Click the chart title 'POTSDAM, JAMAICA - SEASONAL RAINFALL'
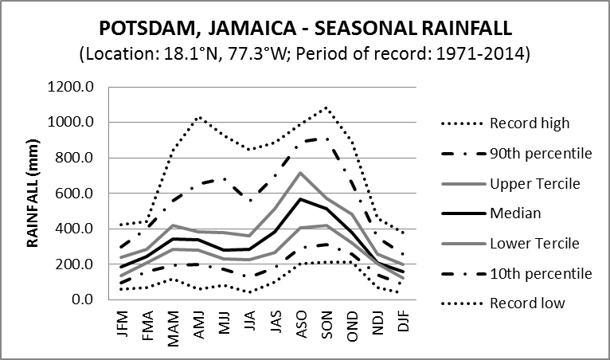(305, 29)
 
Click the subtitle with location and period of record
(305, 55)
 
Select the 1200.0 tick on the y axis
(72, 87)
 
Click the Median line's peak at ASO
(300, 199)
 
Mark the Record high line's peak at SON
(326, 108)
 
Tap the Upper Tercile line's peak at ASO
(300, 173)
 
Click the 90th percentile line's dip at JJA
(249, 200)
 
